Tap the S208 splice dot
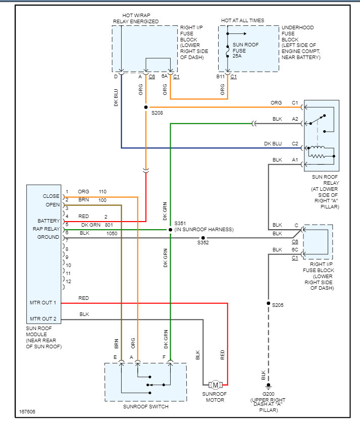coord(146,108)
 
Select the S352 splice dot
coord(203,238)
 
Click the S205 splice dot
coord(269,304)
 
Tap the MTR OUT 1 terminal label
coord(43,303)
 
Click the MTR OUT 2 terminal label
coord(43,318)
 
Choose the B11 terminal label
coord(221,77)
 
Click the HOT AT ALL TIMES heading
coord(242,21)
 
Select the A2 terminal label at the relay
coord(295,119)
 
